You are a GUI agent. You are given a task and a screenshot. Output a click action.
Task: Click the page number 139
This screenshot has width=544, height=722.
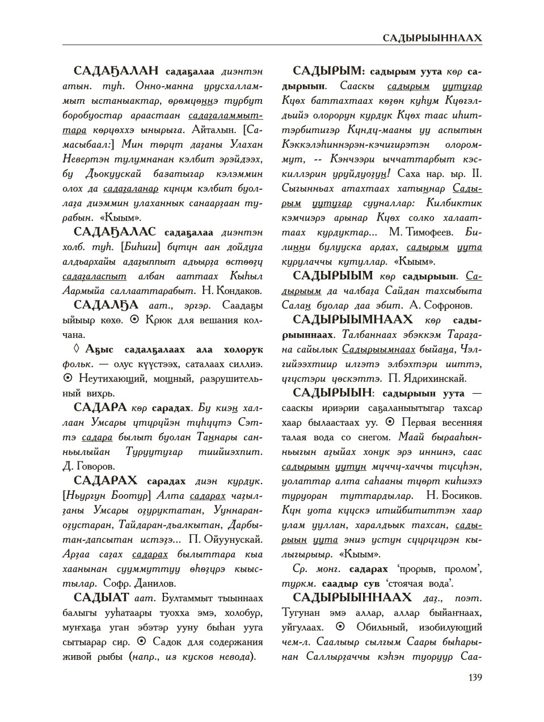474,677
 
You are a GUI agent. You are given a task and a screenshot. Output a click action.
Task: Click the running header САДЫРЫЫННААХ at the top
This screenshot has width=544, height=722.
432,38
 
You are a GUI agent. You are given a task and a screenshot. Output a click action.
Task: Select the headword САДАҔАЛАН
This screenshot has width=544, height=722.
117,71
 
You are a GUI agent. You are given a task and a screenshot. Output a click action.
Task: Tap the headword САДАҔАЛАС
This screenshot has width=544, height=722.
116,232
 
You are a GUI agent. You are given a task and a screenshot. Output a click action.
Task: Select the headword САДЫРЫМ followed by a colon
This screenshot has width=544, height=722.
328,71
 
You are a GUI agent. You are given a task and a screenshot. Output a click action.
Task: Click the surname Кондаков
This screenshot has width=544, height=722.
238,291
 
